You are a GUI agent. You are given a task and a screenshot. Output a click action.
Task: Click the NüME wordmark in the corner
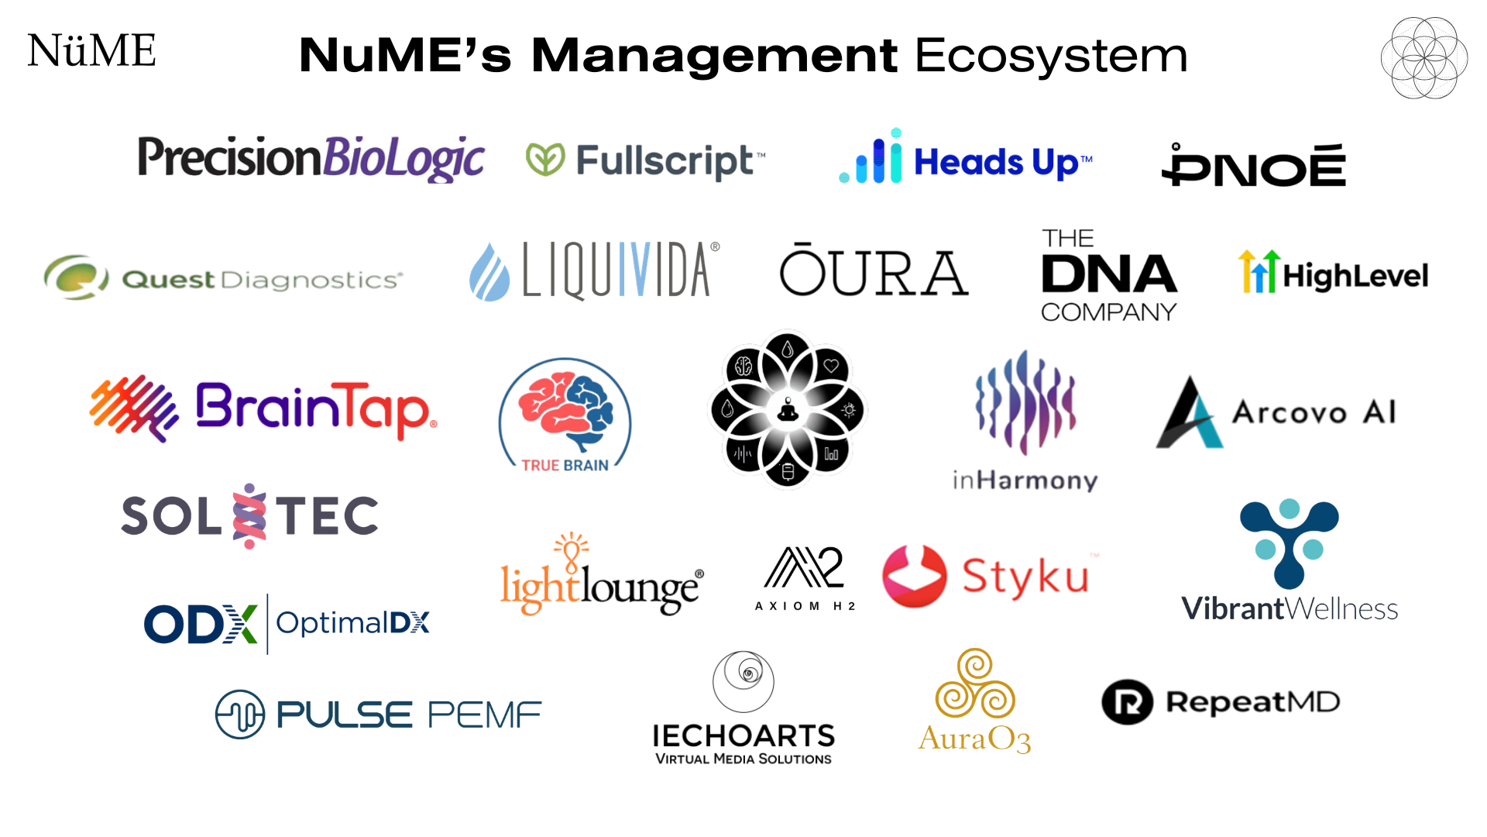[x=91, y=51]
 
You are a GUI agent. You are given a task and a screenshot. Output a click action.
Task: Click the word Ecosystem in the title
[x=1051, y=56]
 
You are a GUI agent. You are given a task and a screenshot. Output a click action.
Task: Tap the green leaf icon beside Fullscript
[x=545, y=159]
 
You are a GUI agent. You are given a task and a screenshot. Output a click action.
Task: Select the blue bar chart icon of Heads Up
[x=873, y=158]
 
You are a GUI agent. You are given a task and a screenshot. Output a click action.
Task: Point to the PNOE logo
[x=1254, y=165]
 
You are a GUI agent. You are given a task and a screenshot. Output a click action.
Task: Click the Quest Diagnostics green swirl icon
[x=75, y=277]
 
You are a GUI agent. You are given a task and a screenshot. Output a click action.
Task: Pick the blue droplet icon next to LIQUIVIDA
[x=489, y=273]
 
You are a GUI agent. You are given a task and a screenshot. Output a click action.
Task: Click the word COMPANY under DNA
[x=1108, y=312]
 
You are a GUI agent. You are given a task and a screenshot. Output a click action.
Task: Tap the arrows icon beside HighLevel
[x=1258, y=272]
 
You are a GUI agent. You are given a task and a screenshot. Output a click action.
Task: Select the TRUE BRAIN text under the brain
[x=565, y=465]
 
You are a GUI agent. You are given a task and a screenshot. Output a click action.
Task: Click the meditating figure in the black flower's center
[x=788, y=409]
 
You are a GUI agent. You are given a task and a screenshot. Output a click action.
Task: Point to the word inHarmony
[x=1025, y=480]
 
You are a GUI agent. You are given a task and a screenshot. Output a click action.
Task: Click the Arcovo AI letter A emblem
[x=1188, y=414]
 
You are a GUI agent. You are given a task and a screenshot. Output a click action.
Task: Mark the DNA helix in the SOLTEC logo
[x=249, y=516]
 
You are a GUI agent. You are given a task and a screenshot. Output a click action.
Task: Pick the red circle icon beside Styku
[x=914, y=576]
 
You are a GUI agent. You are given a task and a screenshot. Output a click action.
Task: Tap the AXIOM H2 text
[x=805, y=606]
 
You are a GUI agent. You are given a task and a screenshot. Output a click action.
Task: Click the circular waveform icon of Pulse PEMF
[x=240, y=714]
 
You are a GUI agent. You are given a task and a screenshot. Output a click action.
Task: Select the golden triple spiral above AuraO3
[x=975, y=684]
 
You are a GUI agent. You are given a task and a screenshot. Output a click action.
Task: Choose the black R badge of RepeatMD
[x=1127, y=702]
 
